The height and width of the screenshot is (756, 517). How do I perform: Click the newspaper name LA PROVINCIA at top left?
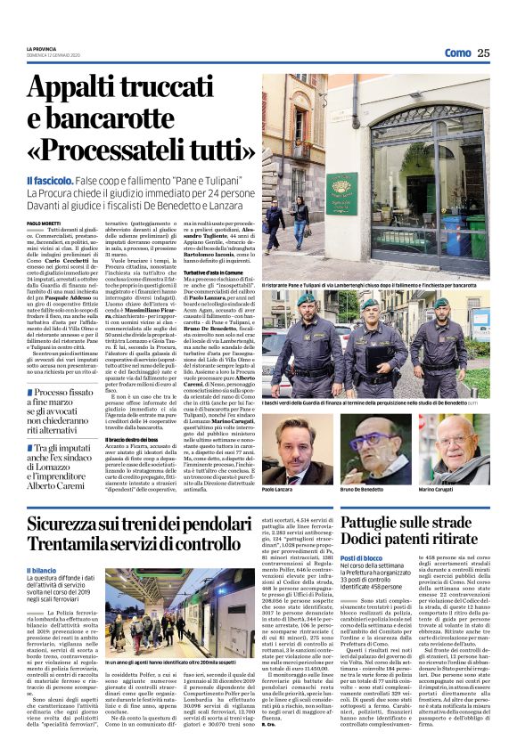40,48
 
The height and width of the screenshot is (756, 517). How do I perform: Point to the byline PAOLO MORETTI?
45,223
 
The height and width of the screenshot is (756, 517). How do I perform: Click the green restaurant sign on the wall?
341,192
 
